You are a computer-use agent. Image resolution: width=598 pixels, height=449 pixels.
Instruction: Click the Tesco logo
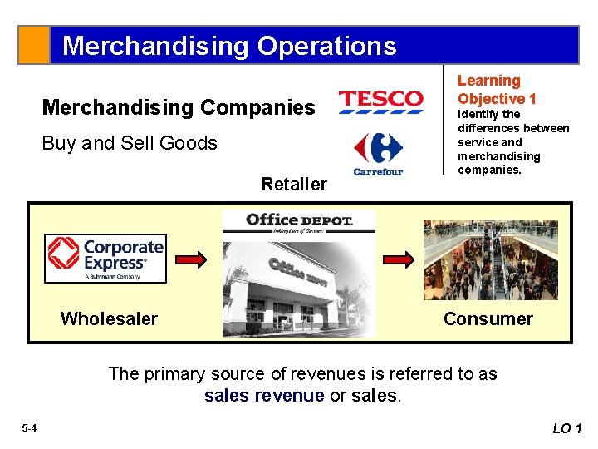[x=380, y=100]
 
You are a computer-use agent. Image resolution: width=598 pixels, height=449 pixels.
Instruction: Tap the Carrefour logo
[x=378, y=154]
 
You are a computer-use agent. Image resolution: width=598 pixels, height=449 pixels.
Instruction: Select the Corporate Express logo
[x=105, y=259]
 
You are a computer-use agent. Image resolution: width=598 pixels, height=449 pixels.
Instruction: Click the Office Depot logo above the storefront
[x=299, y=221]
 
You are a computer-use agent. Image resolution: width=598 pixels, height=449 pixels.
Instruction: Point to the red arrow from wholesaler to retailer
[x=194, y=259]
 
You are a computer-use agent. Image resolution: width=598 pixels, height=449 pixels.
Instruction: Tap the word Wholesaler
[x=109, y=318]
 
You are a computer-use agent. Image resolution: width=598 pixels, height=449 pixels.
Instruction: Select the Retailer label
[x=294, y=184]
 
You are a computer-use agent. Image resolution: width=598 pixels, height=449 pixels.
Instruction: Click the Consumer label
[x=488, y=318]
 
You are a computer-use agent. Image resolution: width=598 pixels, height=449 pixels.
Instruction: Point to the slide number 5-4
[x=29, y=428]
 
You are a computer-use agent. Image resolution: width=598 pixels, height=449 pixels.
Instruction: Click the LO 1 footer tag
[x=568, y=428]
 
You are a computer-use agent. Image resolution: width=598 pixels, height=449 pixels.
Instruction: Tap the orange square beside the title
[x=34, y=45]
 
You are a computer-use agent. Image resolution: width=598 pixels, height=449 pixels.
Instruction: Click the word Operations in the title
[x=326, y=45]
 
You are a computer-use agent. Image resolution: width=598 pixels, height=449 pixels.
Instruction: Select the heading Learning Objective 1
[x=497, y=90]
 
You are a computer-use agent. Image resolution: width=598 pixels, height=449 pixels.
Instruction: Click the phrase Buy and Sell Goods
[x=130, y=143]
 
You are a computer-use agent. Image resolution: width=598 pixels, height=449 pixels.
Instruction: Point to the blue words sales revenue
[x=264, y=396]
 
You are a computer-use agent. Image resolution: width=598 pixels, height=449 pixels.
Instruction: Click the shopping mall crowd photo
[x=490, y=259]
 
